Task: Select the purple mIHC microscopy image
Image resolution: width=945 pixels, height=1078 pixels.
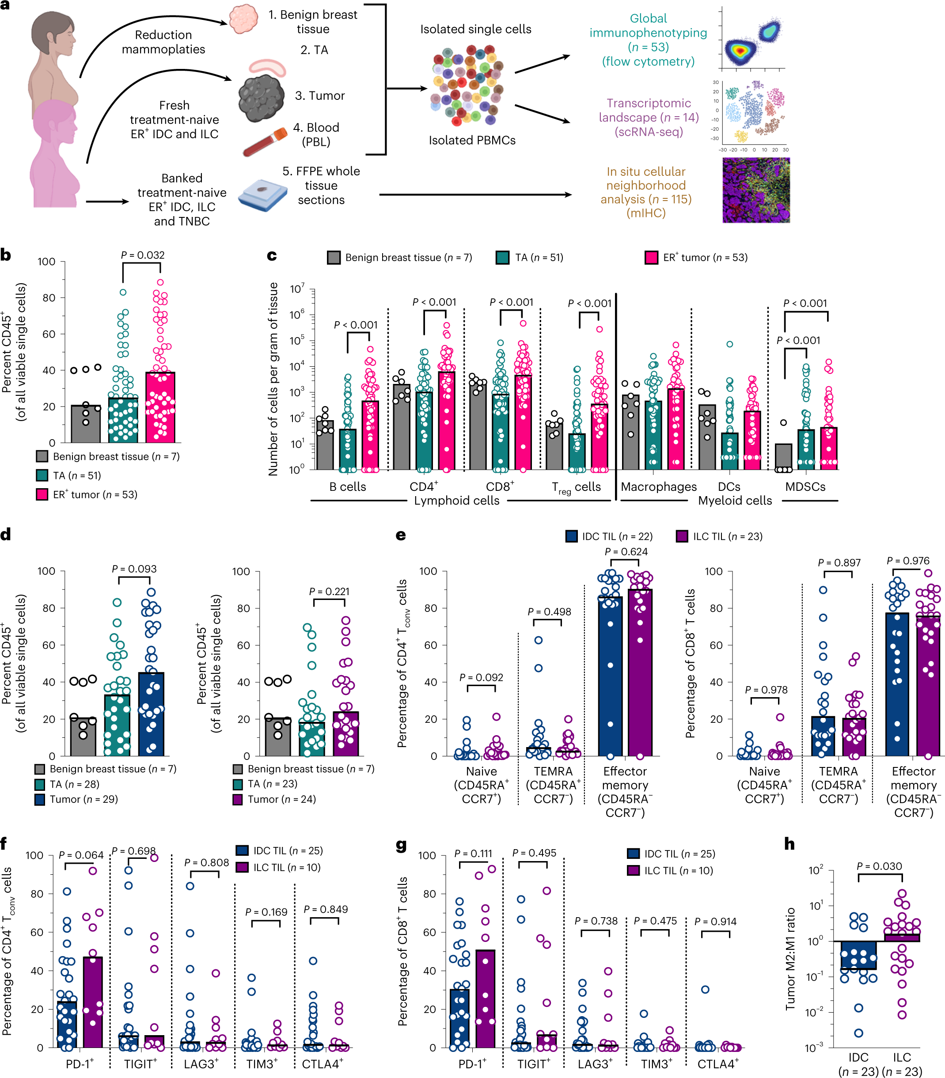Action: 755,190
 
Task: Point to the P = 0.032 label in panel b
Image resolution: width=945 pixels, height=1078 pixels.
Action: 142,255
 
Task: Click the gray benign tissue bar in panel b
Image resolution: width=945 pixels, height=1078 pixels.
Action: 85,424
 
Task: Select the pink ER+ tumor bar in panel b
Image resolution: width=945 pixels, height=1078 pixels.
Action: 160,406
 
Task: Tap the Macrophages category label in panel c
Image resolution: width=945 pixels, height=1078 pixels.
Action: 658,487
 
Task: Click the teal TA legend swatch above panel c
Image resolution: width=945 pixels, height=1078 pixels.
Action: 502,258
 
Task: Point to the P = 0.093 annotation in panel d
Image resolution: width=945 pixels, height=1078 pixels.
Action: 134,569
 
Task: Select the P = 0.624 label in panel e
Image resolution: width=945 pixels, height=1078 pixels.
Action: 626,552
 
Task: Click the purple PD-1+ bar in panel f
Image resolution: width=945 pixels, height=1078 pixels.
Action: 93,1002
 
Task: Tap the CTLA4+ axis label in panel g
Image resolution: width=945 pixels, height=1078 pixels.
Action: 718,1064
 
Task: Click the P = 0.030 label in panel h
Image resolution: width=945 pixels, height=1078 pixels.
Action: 879,866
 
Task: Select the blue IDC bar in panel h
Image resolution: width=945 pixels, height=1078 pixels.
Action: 858,955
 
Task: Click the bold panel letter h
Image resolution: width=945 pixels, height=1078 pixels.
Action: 789,844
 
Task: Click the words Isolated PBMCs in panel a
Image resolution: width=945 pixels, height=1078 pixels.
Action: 471,140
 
